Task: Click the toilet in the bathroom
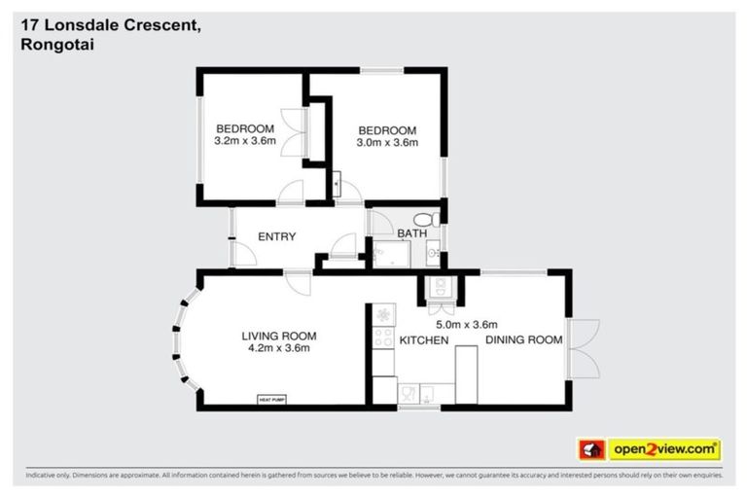(422, 220)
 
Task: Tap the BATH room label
(411, 234)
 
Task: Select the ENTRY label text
(276, 236)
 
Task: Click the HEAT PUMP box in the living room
(271, 399)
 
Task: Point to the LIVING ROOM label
(278, 337)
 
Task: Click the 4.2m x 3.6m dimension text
(278, 349)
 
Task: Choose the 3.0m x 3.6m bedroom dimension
(387, 143)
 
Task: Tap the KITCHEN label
(423, 340)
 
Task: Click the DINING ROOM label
(523, 339)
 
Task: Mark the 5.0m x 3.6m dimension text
(467, 325)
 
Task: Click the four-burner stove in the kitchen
(383, 338)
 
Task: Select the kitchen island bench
(465, 373)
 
